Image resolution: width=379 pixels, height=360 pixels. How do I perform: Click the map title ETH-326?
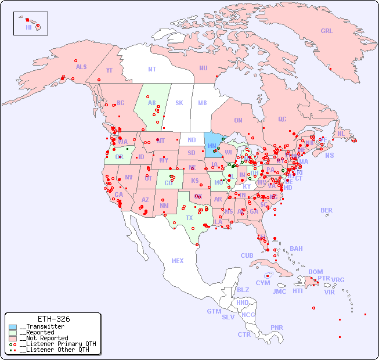pos(53,319)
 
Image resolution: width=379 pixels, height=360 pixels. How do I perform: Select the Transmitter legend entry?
pos(44,327)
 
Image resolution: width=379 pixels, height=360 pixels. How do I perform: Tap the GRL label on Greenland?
pos(327,31)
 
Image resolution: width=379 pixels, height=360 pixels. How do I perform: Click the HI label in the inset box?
pos(28,27)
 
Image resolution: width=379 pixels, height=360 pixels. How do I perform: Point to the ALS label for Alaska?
pos(81,67)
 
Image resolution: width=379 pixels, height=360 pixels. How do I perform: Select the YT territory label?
pos(109,70)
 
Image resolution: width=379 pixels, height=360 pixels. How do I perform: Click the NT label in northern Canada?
pos(152,69)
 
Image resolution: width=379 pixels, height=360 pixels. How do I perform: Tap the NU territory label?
pos(203,68)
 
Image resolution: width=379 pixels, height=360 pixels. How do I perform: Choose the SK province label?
pos(179,103)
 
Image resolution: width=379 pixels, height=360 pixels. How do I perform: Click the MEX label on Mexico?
pos(178,261)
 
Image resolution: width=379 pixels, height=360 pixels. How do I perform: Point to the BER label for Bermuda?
pos(326,210)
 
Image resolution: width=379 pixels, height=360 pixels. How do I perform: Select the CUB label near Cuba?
pos(247,255)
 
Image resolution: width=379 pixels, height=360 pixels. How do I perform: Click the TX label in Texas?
pos(189,218)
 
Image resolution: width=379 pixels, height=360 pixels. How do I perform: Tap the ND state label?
pos(192,140)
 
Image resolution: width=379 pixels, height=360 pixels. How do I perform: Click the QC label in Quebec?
pos(282,119)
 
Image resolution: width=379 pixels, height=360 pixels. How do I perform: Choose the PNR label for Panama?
pos(277,327)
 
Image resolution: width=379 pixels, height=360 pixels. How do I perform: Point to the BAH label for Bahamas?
pos(296,249)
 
